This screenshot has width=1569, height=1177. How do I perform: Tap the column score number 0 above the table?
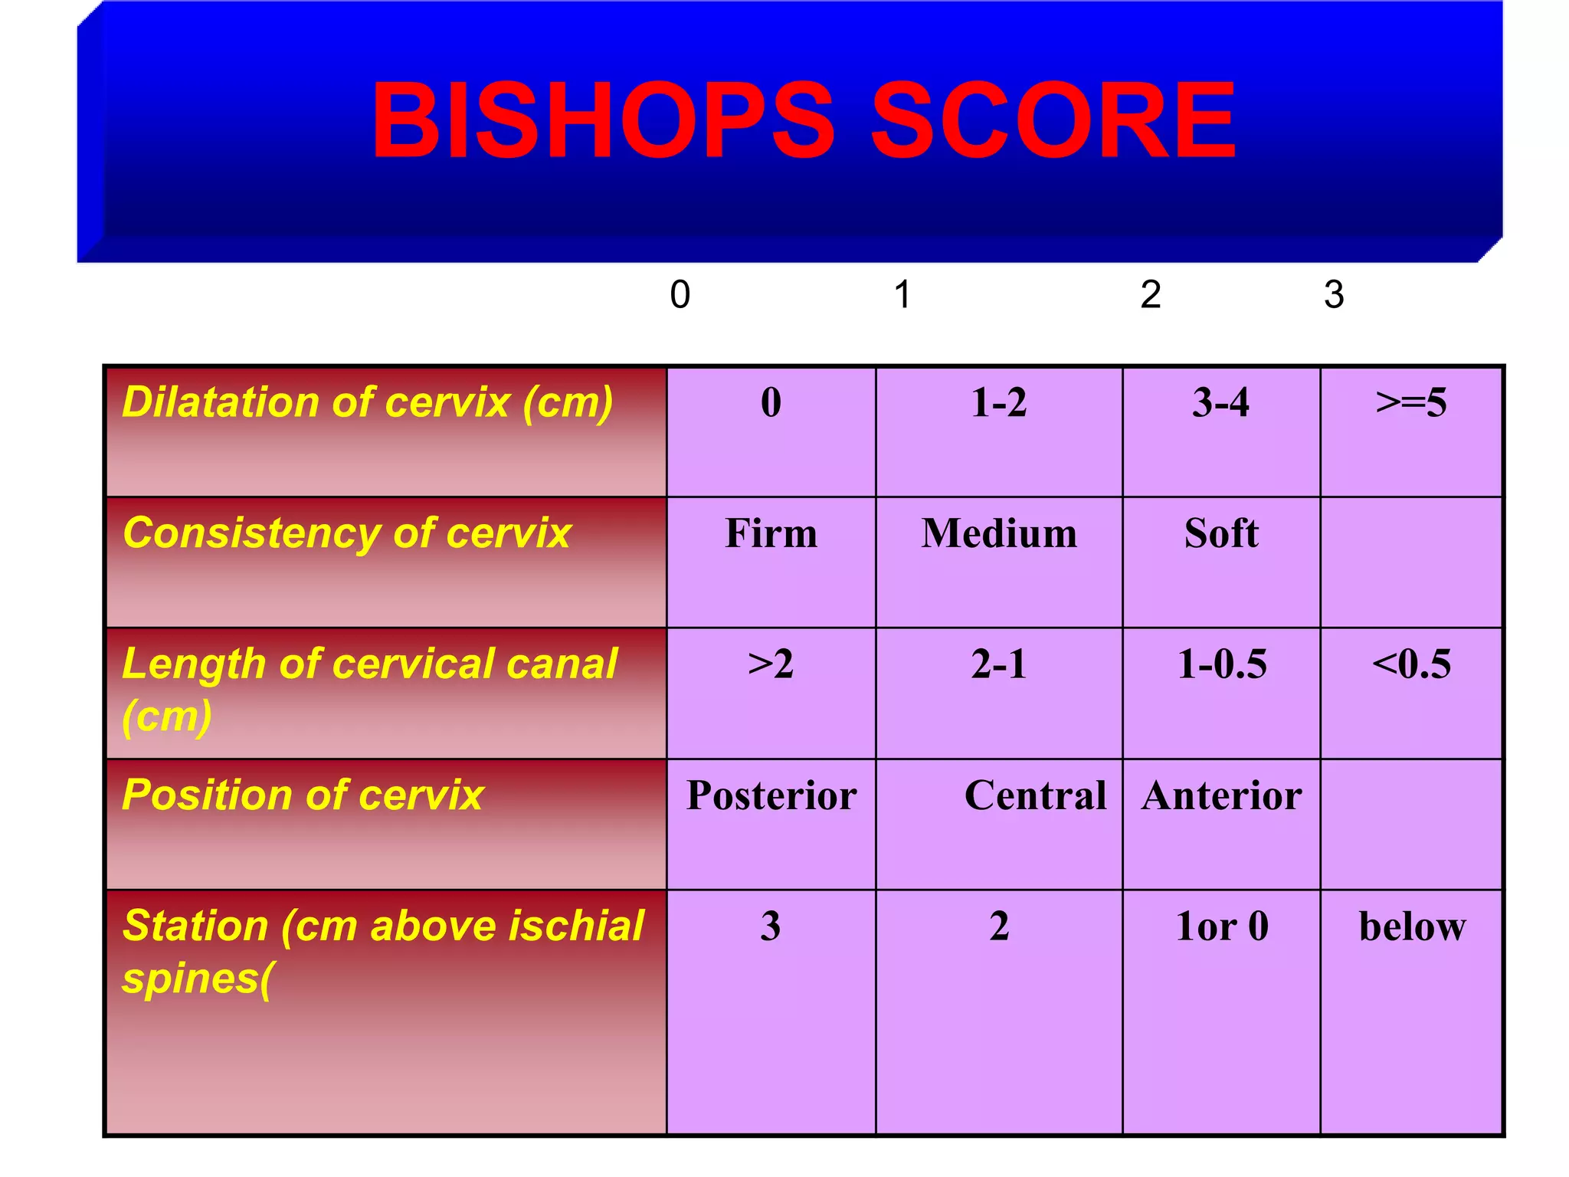(680, 294)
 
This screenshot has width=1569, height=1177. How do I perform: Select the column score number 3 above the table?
(1334, 294)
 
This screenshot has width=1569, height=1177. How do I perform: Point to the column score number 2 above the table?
(1150, 294)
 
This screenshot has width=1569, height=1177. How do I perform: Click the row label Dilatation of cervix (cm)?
(368, 402)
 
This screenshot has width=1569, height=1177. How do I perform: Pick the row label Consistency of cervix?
(347, 533)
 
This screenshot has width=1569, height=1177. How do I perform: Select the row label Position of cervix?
(303, 795)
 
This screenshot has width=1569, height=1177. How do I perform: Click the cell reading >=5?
(1411, 402)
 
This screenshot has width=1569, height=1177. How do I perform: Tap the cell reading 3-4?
(1220, 402)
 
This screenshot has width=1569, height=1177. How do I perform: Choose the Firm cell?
(771, 533)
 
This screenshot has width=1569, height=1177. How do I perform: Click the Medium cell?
(999, 533)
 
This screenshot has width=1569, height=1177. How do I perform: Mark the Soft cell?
(1221, 533)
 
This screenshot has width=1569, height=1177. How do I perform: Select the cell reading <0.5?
(1411, 664)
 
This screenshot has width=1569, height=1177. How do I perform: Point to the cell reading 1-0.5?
(1221, 664)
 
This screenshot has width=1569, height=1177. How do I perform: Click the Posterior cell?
(771, 795)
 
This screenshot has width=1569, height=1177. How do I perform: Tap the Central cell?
(1035, 795)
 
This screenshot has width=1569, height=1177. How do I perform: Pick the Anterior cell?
(1221, 795)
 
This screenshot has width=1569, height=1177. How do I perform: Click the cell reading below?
(1412, 926)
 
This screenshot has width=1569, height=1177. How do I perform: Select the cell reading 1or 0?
(1221, 926)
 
